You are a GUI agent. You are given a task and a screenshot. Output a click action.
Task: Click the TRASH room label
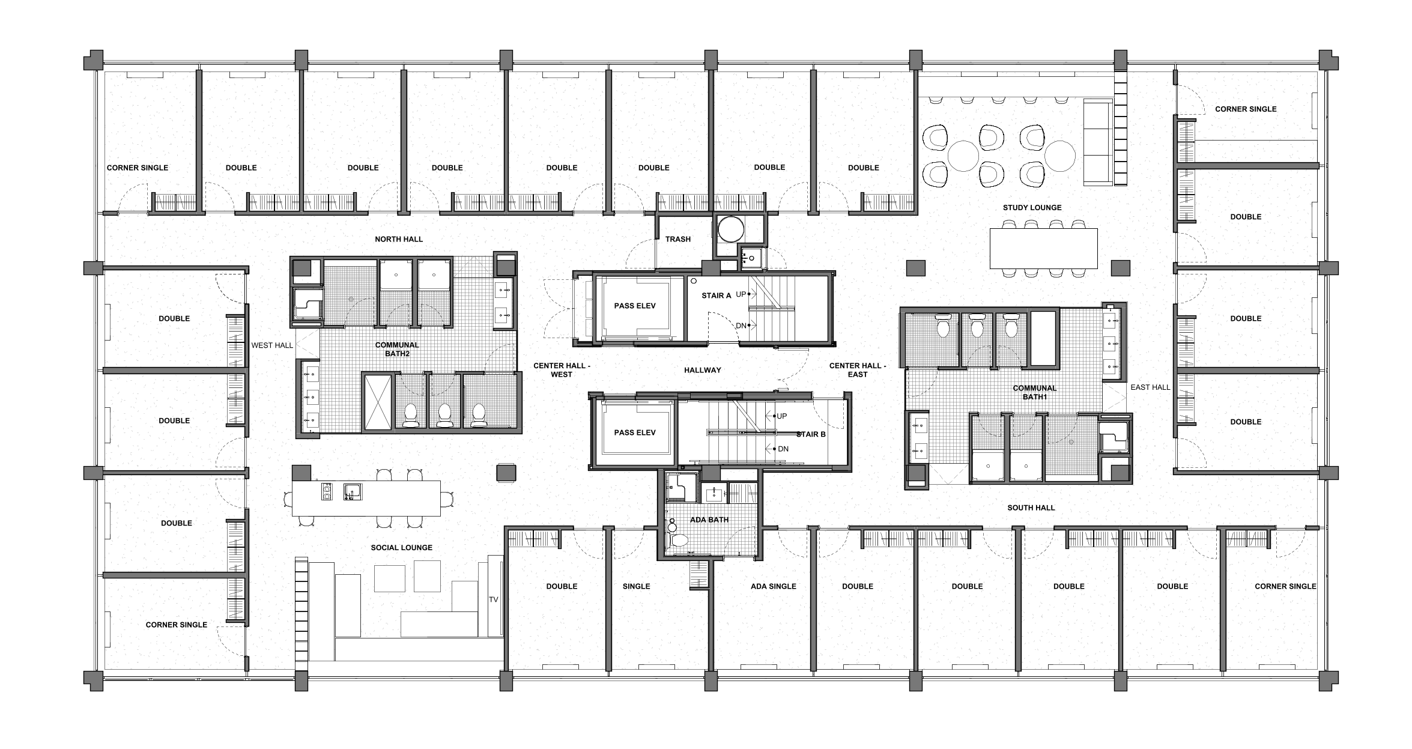(677, 239)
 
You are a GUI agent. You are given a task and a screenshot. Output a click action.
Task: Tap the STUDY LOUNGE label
(1032, 208)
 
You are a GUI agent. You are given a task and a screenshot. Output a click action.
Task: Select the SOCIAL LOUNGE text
(401, 548)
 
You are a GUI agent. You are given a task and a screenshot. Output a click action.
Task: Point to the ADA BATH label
(709, 520)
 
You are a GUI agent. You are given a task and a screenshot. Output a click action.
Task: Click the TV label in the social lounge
(494, 599)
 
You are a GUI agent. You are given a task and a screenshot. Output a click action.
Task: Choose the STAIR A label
(716, 296)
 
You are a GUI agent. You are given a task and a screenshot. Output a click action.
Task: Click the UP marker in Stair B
(781, 416)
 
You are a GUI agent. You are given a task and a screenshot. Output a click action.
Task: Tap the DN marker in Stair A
(741, 326)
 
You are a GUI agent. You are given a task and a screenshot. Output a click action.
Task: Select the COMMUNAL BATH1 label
(1034, 392)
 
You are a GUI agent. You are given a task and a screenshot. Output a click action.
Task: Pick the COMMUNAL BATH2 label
(397, 349)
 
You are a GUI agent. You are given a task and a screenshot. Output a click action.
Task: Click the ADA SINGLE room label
(773, 586)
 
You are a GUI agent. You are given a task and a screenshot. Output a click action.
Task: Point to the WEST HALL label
(272, 345)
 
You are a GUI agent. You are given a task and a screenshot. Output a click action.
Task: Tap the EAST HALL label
(1150, 387)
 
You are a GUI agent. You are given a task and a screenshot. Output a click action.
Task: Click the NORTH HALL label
(399, 239)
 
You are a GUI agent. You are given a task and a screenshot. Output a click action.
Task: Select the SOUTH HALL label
(1031, 508)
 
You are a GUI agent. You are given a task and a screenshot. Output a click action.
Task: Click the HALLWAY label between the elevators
(702, 370)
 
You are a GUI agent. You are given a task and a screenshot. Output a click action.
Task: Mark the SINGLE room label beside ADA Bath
(636, 586)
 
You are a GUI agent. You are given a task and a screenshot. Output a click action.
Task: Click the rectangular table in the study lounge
(1043, 248)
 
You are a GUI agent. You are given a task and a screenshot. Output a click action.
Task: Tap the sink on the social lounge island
(352, 492)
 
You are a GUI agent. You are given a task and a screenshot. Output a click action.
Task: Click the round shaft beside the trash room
(731, 229)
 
